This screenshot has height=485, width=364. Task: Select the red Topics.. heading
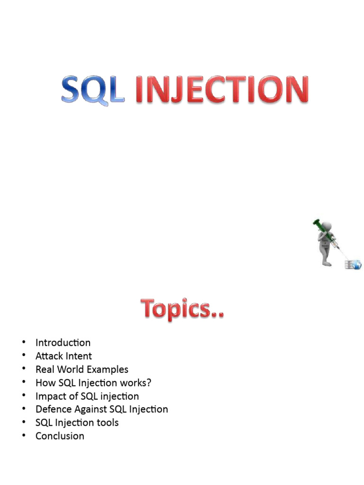click(x=182, y=309)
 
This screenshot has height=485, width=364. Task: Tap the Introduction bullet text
click(x=63, y=342)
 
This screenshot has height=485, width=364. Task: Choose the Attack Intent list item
click(x=64, y=356)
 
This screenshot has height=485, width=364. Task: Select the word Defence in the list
click(x=54, y=409)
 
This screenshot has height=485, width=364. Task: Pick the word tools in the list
click(x=107, y=422)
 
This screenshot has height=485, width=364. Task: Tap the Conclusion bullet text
click(x=60, y=436)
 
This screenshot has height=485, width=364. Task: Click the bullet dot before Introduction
click(x=22, y=342)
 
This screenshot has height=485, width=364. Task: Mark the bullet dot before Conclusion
click(x=22, y=436)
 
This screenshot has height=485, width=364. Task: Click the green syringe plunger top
click(x=316, y=222)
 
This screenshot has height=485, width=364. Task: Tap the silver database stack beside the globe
click(x=349, y=265)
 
